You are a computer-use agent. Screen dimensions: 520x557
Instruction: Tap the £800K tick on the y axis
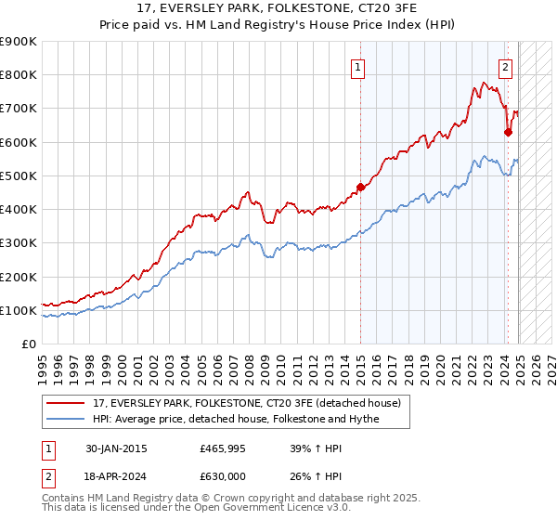coord(19,75)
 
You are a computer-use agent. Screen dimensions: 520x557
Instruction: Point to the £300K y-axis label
coord(19,243)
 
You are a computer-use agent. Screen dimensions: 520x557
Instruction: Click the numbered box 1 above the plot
coord(357,67)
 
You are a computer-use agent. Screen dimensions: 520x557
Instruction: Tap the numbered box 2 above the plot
coord(506,67)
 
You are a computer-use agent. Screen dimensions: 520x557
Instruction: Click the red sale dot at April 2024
coord(508,132)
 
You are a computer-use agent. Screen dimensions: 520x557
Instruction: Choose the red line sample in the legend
coord(66,403)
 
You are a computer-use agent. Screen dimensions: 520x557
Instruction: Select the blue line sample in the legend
coord(66,419)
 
